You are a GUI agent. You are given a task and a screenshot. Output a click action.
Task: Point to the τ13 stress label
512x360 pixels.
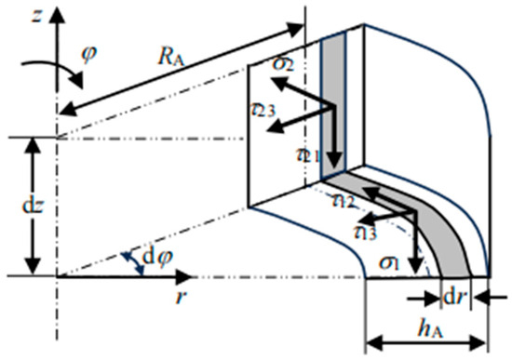coord(367,229)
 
